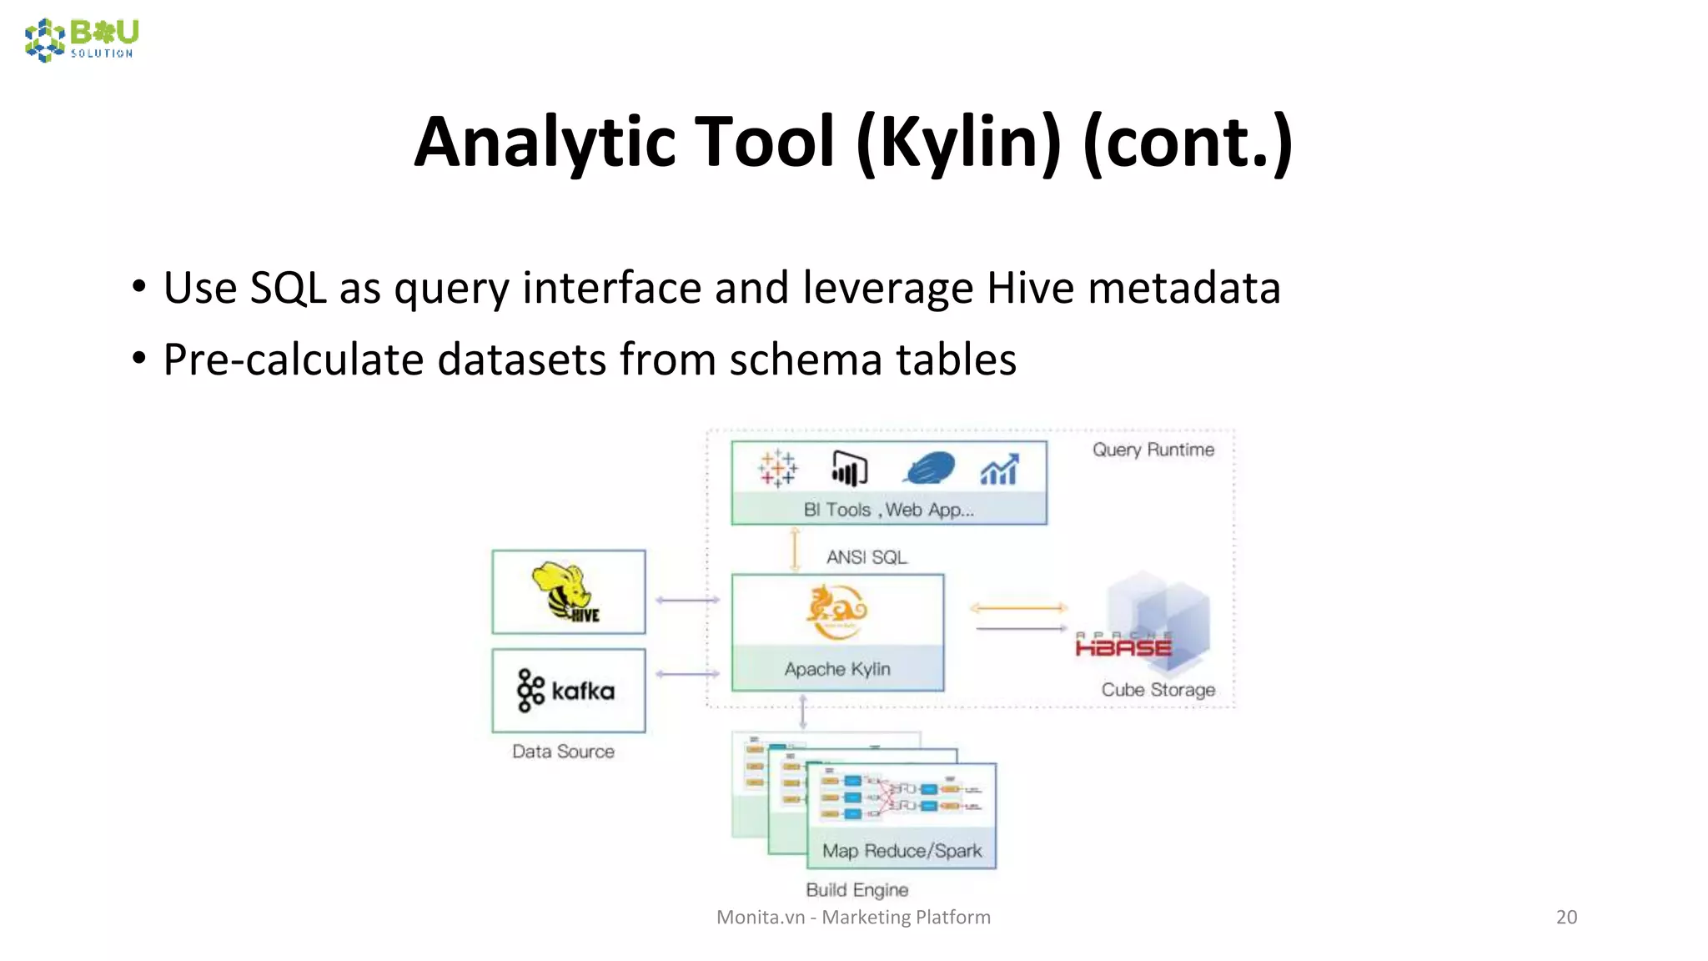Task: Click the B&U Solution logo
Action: [82, 40]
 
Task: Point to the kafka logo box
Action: [568, 691]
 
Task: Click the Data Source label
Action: [563, 752]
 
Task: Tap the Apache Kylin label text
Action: [837, 669]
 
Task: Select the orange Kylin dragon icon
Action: [836, 611]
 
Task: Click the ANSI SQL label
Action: [866, 557]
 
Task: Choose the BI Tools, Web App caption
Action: [888, 510]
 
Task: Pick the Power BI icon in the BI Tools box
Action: [849, 469]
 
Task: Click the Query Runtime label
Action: [1153, 450]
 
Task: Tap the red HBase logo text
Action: [1123, 646]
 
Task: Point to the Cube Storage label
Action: [1158, 690]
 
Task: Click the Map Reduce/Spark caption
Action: [902, 851]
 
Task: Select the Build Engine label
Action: [857, 890]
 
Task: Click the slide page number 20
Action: [1566, 917]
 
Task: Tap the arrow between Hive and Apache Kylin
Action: [687, 600]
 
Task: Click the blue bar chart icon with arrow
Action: [999, 470]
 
